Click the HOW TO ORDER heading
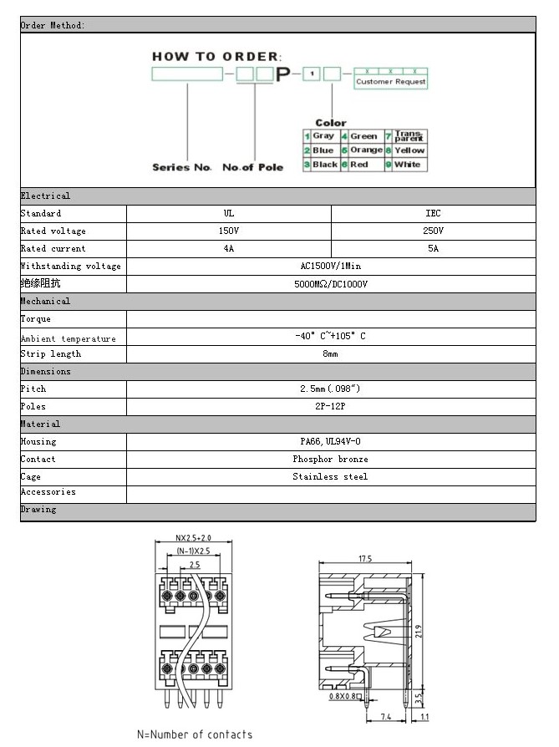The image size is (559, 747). pyautogui.click(x=216, y=56)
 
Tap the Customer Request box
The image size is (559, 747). pyautogui.click(x=390, y=82)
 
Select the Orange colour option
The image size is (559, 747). pyautogui.click(x=366, y=150)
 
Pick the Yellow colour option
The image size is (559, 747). pyautogui.click(x=409, y=150)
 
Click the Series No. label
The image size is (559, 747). pyautogui.click(x=182, y=167)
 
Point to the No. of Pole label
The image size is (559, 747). pyautogui.click(x=252, y=167)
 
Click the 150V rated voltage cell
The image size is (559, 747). pyautogui.click(x=229, y=231)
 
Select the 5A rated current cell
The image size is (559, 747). pyautogui.click(x=433, y=248)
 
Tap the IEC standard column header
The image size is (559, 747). pyautogui.click(x=433, y=213)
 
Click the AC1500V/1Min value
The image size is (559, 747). pyautogui.click(x=331, y=266)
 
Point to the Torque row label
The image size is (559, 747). pyautogui.click(x=36, y=319)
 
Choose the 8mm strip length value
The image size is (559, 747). pyautogui.click(x=331, y=354)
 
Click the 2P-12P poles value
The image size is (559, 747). pyautogui.click(x=331, y=406)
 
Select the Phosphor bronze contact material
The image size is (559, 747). pyautogui.click(x=331, y=459)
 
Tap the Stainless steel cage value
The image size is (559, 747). pyautogui.click(x=331, y=476)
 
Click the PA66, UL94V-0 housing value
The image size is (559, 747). pyautogui.click(x=331, y=441)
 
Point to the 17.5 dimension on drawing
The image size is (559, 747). pyautogui.click(x=365, y=559)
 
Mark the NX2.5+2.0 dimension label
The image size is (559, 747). pyautogui.click(x=193, y=539)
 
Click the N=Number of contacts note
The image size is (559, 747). pyautogui.click(x=195, y=734)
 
